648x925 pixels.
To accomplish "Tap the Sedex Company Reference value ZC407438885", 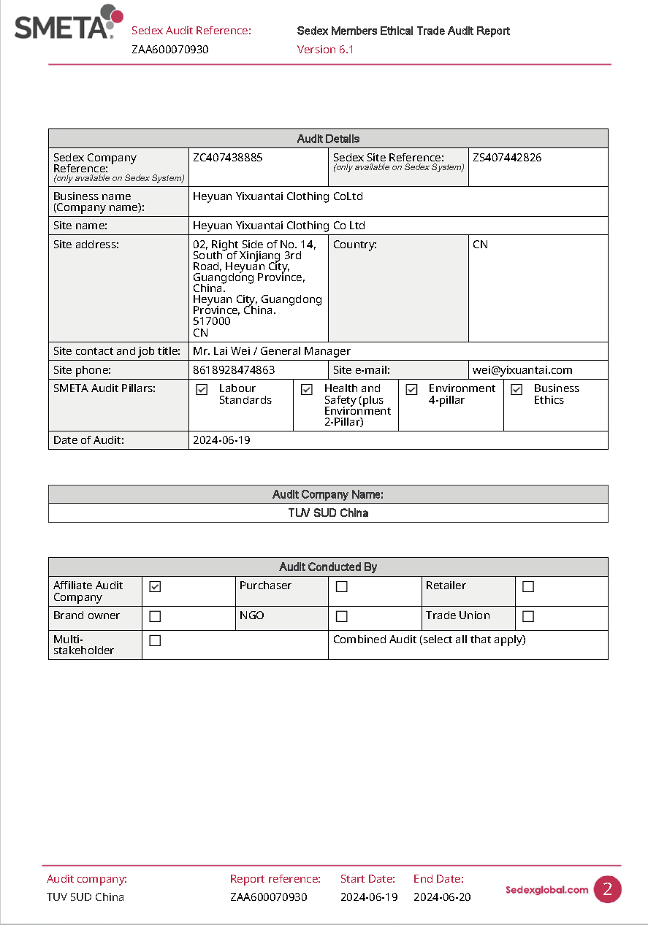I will click(x=227, y=158).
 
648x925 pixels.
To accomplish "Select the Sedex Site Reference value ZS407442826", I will click(x=507, y=158).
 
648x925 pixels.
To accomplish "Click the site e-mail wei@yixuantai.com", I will click(x=522, y=370).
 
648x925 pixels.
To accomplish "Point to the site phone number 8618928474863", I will click(x=234, y=370).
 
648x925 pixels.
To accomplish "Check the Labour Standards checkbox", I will click(x=202, y=390).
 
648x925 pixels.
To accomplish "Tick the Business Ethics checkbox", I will click(x=517, y=390).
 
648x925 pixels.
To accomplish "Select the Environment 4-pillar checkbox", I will click(x=411, y=390).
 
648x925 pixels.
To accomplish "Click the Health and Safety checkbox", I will click(x=307, y=390).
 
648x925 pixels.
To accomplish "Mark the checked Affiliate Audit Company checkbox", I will click(x=155, y=586).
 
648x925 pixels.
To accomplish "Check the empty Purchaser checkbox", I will click(x=341, y=586).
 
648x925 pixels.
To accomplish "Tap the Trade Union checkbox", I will click(x=528, y=616).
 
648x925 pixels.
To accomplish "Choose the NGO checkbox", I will click(x=341, y=616).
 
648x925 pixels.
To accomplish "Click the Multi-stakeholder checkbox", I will click(x=155, y=641).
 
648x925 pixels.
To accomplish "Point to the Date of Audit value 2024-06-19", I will click(x=221, y=440).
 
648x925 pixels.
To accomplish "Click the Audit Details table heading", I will click(x=328, y=139).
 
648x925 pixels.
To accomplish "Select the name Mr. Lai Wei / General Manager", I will click(x=271, y=351).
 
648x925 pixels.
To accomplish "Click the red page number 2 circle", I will click(x=607, y=889).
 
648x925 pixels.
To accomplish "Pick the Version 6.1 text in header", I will click(x=325, y=50).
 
